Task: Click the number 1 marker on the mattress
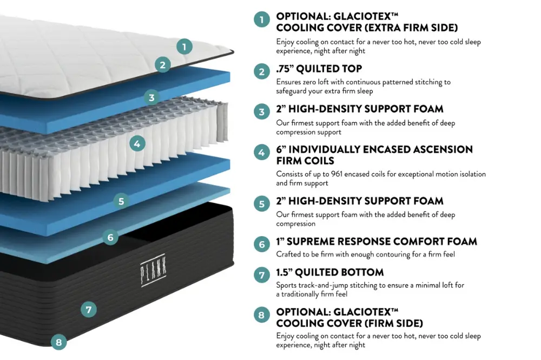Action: (184, 47)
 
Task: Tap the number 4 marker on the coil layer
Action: (137, 143)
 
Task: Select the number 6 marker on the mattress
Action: (110, 237)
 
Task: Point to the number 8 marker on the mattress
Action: (58, 342)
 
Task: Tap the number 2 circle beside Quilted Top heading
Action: (262, 71)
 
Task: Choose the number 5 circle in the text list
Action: (262, 204)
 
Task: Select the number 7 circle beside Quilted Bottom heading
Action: (262, 275)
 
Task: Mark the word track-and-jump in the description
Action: (324, 285)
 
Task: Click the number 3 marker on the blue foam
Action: (152, 98)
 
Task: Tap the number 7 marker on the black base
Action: (89, 310)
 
